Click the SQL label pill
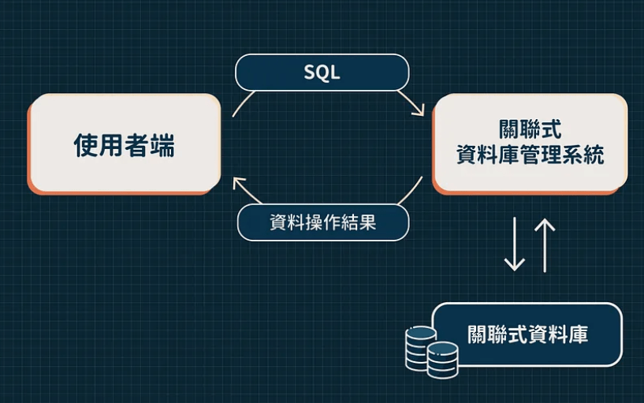[322, 73]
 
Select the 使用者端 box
[125, 144]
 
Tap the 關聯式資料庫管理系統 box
[530, 143]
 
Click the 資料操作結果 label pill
[322, 222]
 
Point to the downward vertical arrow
[515, 245]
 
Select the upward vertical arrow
[545, 245]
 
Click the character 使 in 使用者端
[86, 144]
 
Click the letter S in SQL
[310, 73]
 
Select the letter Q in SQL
[322, 73]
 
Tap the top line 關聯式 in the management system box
[530, 129]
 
